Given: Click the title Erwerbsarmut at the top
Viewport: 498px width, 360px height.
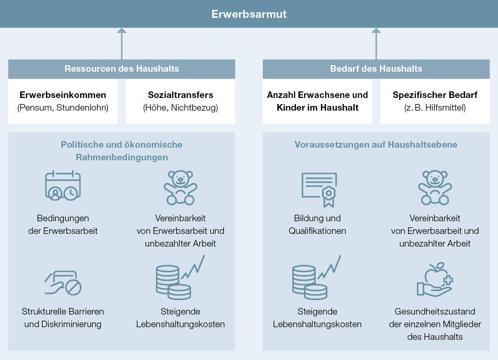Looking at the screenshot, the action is tap(249, 14).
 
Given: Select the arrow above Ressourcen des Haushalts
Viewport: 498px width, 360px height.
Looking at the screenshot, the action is tap(122, 44).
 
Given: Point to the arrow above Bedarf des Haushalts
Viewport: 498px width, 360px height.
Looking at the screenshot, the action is tap(376, 44).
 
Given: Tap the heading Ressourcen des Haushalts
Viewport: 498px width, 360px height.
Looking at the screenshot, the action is tap(122, 68).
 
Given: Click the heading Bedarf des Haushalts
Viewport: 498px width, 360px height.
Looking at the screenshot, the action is tap(376, 68).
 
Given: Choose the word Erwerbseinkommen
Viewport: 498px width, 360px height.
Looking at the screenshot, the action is tap(63, 95).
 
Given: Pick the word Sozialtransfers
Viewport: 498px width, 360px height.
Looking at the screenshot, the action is tap(180, 95).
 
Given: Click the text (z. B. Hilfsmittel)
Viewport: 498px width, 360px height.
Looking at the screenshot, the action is tap(435, 108).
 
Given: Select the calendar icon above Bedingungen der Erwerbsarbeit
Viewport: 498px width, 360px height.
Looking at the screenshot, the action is tap(63, 186).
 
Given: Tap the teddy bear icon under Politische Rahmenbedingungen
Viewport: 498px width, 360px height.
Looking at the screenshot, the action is tap(180, 187).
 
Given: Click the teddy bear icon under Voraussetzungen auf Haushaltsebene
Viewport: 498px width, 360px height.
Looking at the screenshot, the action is tap(435, 187).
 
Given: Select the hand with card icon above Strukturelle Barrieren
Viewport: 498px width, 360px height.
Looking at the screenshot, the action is tap(63, 283).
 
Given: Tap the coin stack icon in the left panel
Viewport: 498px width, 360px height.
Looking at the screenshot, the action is tap(180, 277).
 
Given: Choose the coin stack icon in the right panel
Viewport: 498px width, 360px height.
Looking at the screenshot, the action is tap(316, 277).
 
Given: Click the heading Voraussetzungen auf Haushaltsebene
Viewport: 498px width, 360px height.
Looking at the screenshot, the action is tap(376, 144).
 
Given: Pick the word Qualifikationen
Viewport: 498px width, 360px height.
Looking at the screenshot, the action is tap(317, 231).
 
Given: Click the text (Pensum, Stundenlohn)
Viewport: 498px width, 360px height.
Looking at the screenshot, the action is tap(63, 108).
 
